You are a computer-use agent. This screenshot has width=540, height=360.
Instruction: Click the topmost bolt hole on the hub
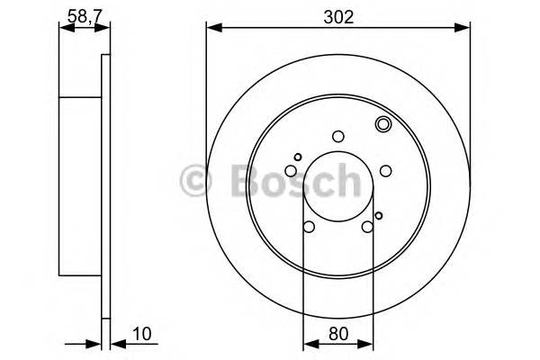337,137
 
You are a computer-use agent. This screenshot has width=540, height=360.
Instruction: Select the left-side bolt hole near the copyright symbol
292,171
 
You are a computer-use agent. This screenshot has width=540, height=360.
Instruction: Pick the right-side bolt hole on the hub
384,171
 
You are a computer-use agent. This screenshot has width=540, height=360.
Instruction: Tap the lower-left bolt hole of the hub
309,226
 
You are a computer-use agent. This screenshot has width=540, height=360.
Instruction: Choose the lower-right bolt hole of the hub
366,226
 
